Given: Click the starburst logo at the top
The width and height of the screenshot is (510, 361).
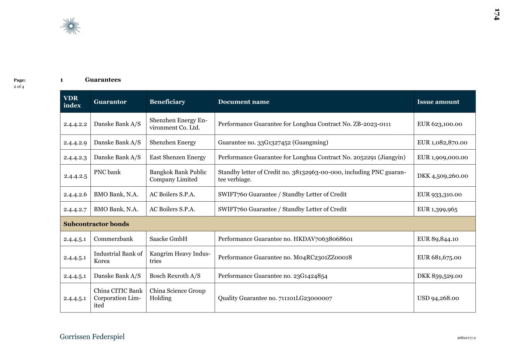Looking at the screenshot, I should click(70, 26).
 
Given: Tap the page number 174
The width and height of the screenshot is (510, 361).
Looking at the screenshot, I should click(497, 15).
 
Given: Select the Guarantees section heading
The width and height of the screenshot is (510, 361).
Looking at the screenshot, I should click(103, 80).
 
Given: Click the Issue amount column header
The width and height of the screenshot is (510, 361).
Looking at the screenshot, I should click(438, 102).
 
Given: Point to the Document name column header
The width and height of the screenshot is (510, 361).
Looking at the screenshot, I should click(244, 102).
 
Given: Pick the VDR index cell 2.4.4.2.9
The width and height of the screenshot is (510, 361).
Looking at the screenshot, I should click(75, 143).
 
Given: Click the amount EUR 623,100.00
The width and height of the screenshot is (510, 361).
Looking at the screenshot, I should click(439, 124).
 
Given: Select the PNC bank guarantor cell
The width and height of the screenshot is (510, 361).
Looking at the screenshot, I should click(107, 172).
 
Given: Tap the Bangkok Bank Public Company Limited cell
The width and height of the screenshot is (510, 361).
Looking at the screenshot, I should click(178, 176).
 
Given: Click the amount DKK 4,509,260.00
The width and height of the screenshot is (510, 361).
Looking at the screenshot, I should click(442, 176).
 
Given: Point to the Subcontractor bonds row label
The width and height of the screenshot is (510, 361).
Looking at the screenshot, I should click(96, 224).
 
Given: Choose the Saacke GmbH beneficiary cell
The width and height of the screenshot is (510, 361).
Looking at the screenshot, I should click(168, 239).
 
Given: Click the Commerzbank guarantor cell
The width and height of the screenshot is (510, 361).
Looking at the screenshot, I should click(113, 239).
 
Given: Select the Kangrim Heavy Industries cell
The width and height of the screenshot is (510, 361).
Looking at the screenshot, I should click(180, 257).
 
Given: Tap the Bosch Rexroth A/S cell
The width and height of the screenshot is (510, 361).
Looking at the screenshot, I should click(175, 276).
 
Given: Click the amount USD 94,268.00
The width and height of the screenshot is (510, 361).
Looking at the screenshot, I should click(438, 298).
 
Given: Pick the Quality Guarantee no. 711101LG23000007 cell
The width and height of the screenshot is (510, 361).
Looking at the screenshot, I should click(275, 298).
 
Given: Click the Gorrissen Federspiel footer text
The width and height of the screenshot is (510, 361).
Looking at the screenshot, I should click(92, 337).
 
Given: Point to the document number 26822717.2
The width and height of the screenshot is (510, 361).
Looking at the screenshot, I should click(466, 338).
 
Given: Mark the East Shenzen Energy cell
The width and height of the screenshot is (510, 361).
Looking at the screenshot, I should click(177, 157).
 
